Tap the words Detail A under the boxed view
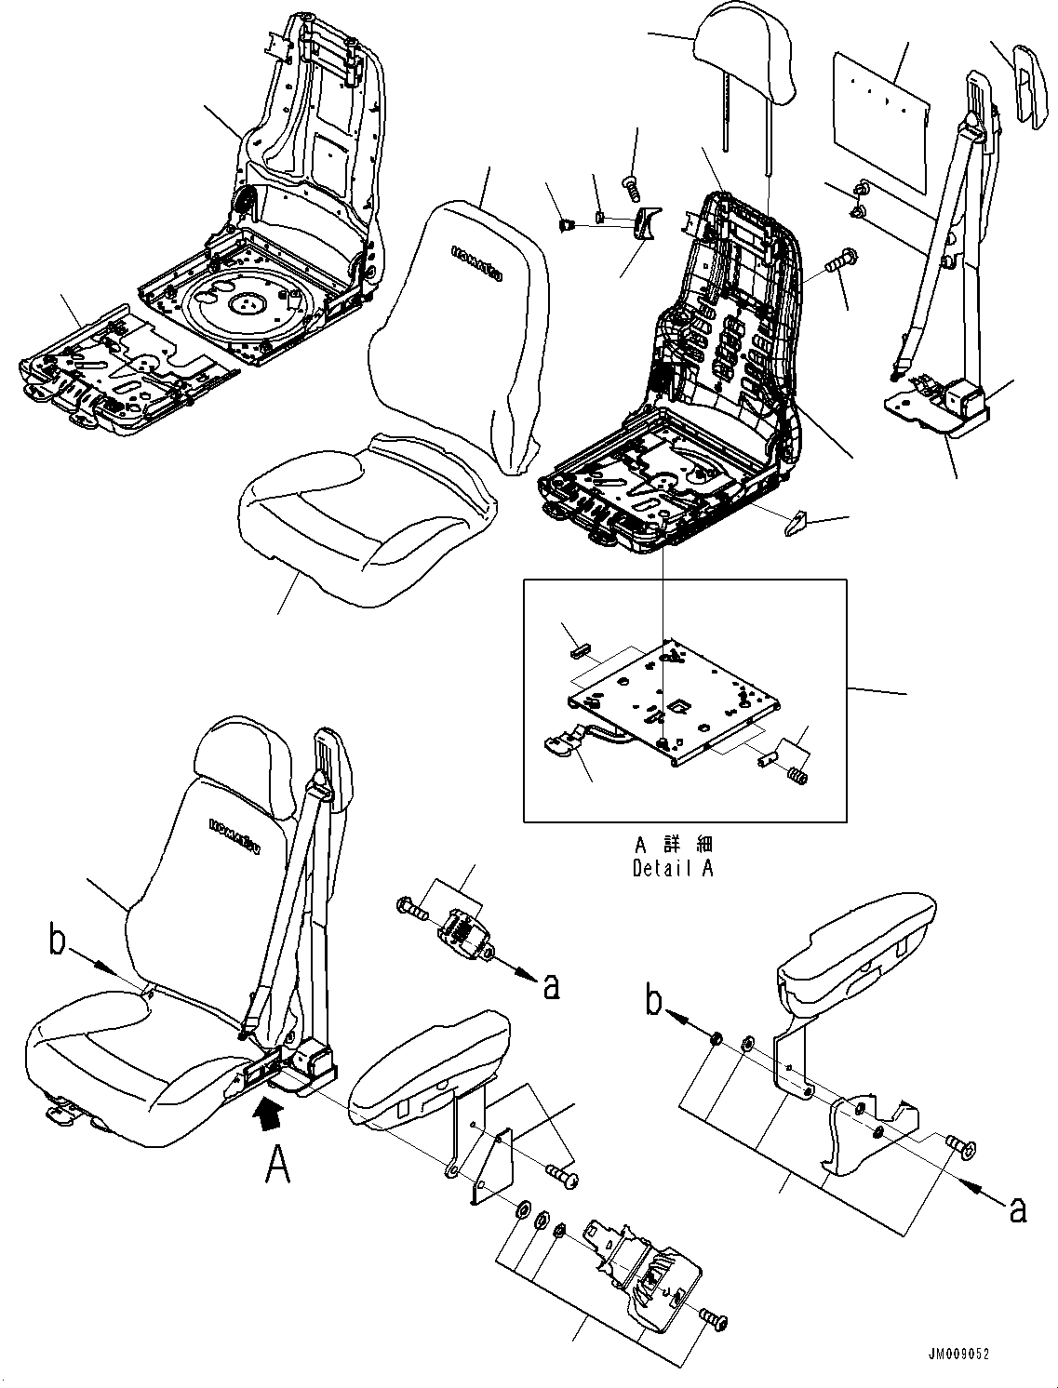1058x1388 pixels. click(675, 869)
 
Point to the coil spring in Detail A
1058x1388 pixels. click(797, 774)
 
